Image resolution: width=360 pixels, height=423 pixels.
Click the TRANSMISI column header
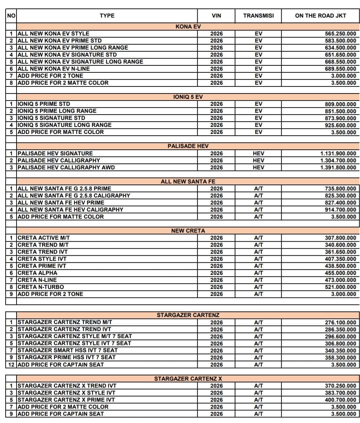[258, 15]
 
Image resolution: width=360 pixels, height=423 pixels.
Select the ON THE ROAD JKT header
[320, 15]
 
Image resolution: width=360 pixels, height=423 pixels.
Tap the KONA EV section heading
[188, 27]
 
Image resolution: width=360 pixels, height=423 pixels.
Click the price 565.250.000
[340, 34]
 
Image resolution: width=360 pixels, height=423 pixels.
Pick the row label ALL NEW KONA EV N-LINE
[53, 69]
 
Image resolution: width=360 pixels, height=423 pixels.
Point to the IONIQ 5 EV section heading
[188, 97]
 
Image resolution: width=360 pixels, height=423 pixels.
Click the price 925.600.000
[340, 125]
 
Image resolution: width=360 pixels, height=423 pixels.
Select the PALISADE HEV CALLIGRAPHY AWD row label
[66, 168]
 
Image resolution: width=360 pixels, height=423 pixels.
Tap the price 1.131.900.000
[338, 154]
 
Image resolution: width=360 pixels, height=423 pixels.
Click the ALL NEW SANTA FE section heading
[188, 182]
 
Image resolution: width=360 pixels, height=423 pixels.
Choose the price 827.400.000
[340, 203]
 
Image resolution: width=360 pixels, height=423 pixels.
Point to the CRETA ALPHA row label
[37, 273]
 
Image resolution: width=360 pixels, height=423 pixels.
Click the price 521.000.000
[340, 287]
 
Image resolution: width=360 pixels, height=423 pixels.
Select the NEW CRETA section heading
[188, 231]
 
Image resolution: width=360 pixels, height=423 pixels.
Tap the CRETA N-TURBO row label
[41, 287]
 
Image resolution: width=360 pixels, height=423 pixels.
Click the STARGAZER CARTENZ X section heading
[188, 379]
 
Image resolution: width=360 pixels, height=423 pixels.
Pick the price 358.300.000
[340, 358]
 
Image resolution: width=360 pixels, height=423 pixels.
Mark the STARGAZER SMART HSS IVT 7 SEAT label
[67, 350]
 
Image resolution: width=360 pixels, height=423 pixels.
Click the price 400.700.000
[340, 400]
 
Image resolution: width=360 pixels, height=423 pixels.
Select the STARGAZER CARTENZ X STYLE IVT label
[66, 393]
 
